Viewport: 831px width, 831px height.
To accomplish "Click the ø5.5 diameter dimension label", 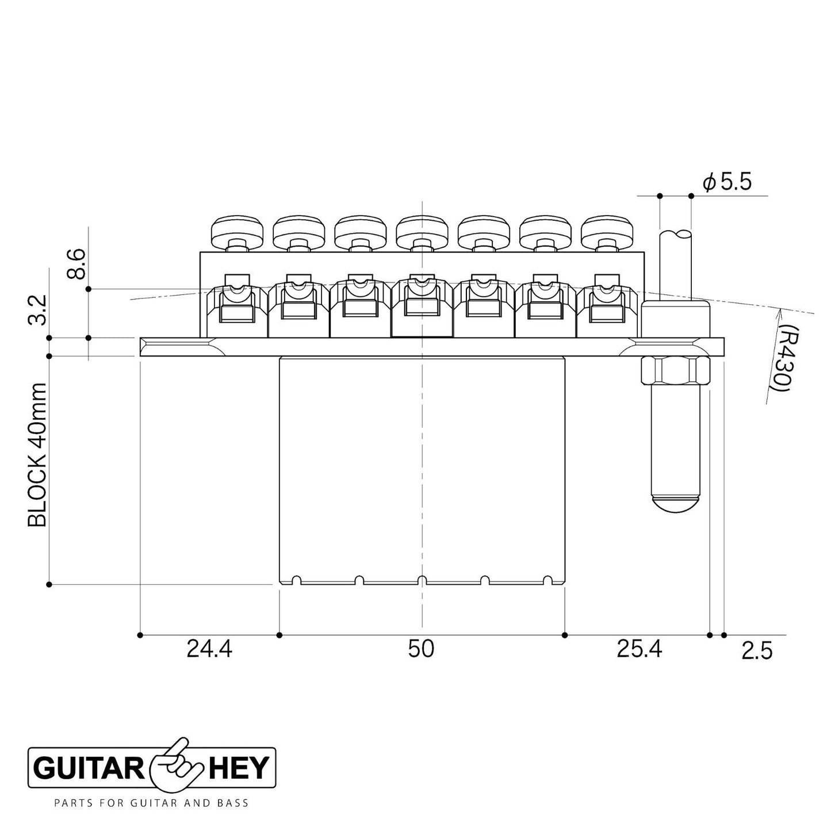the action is coord(727,182).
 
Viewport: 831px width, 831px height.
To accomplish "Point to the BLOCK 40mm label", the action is coord(37,455).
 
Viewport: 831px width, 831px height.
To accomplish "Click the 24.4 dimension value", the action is coord(209,649).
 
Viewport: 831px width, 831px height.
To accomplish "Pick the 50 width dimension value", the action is coord(421,649).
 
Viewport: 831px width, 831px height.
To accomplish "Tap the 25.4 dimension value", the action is coord(639,649).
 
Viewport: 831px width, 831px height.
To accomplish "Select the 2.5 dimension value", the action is coord(757,651).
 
